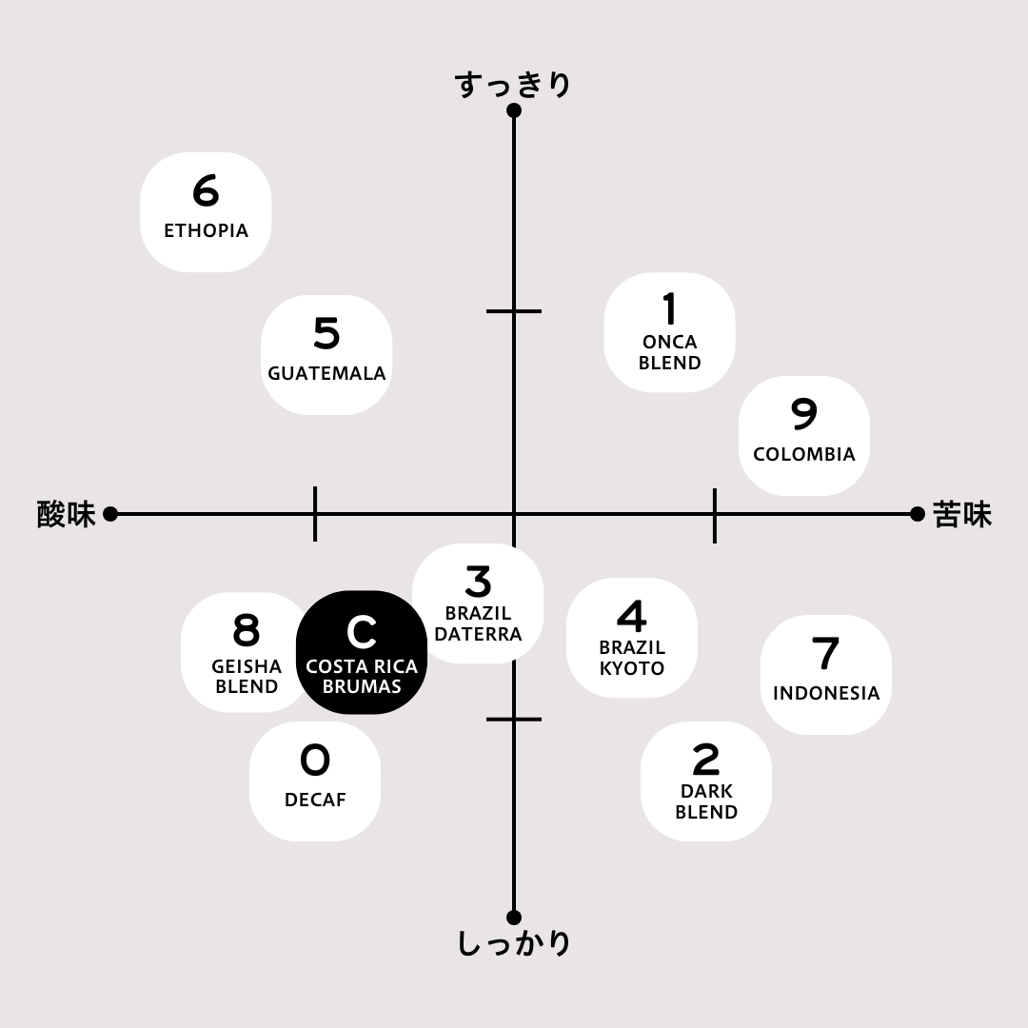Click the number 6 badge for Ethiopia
point(206,211)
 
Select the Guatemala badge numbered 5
point(326,355)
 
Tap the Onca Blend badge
point(669,332)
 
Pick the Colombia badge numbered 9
point(804,435)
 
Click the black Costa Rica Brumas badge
point(362,652)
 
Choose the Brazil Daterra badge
point(478,603)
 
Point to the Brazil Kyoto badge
point(632,637)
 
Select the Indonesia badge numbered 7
point(826,675)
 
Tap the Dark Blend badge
point(706,781)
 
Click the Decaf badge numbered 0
point(315,781)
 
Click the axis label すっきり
point(513,86)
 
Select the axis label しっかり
point(513,943)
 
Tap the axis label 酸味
point(67,514)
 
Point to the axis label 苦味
point(961,514)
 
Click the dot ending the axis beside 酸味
point(110,514)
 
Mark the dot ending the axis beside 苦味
point(918,514)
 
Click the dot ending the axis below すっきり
point(514,110)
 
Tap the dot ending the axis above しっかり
point(514,918)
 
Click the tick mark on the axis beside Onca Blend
point(514,310)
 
